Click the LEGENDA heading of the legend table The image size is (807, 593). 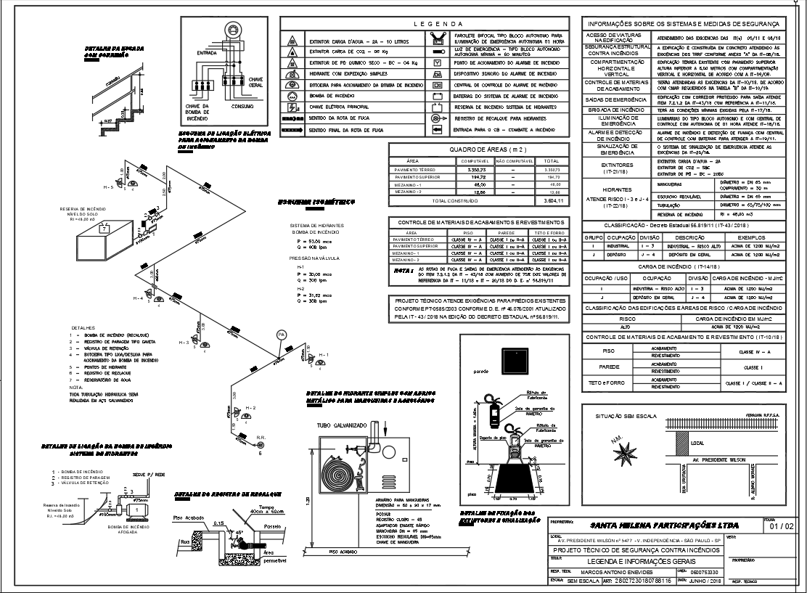[x=428, y=24]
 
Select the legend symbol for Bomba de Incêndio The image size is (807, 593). [x=292, y=96]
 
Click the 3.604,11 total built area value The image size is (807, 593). [x=552, y=200]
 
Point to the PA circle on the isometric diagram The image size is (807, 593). [x=281, y=333]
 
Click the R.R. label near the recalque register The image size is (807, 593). [x=261, y=438]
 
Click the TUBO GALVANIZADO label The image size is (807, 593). [x=340, y=425]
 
